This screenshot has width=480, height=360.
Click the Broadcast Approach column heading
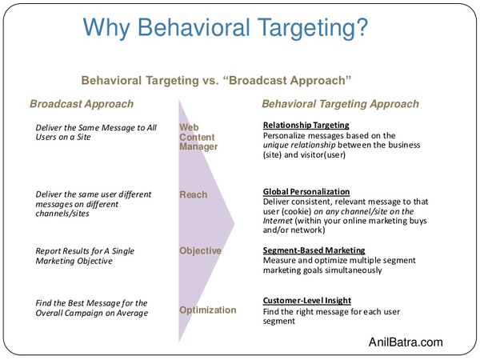(82, 104)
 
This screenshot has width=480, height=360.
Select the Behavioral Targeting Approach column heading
(340, 104)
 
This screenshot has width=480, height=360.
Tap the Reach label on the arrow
(193, 194)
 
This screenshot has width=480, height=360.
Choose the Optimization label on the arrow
(208, 310)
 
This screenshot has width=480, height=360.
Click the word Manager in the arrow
(198, 147)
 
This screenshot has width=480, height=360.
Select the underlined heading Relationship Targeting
(306, 126)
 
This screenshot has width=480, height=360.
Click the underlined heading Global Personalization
(306, 192)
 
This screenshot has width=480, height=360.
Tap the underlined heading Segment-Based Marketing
(314, 250)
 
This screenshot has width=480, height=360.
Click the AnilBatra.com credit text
(406, 342)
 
